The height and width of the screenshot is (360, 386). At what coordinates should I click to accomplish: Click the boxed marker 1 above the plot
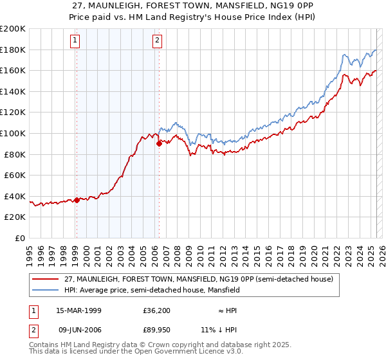75,40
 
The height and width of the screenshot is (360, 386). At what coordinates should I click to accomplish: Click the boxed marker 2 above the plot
157,40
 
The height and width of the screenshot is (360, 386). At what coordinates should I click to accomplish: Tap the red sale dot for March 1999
77,200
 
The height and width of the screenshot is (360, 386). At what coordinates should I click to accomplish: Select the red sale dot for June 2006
159,144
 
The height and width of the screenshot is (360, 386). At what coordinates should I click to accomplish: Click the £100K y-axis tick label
13,133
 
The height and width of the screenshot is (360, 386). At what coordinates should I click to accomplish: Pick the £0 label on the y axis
20,238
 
